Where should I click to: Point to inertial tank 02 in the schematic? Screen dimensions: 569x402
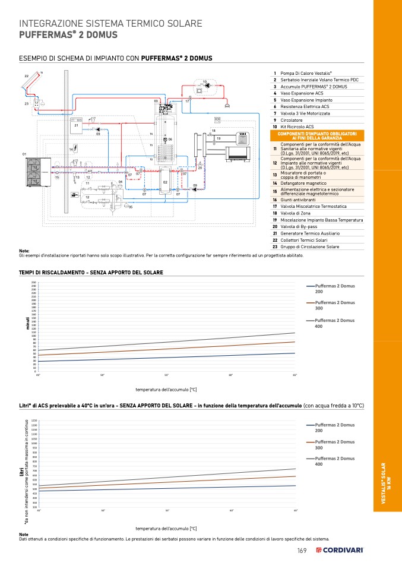(166, 181)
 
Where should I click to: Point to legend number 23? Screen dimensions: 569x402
(275, 246)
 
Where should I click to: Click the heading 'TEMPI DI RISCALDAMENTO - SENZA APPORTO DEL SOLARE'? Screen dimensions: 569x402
(91, 273)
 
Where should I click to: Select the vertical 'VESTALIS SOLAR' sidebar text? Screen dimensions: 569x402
(387, 484)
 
